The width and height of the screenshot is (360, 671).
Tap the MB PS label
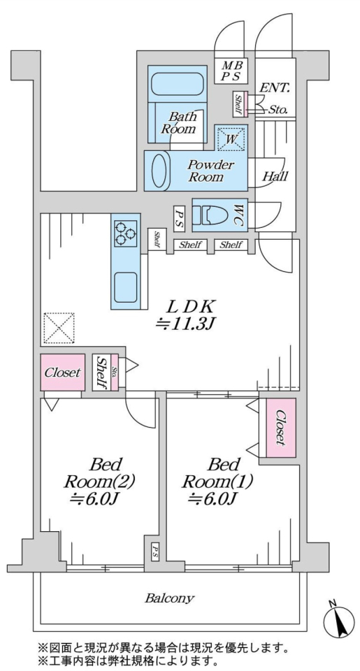[232, 71]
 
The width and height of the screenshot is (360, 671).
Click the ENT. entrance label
[275, 89]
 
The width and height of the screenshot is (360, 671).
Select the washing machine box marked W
[231, 138]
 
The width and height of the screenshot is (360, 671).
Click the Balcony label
[169, 598]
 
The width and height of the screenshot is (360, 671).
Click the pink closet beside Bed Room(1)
[280, 428]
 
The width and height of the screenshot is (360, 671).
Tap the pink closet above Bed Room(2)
[62, 373]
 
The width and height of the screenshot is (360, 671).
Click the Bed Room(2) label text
[99, 482]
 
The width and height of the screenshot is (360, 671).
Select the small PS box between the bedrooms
[155, 549]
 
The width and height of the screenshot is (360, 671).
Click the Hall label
[275, 176]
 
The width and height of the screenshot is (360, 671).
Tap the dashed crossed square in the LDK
[59, 329]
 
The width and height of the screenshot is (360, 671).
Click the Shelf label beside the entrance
[238, 104]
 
